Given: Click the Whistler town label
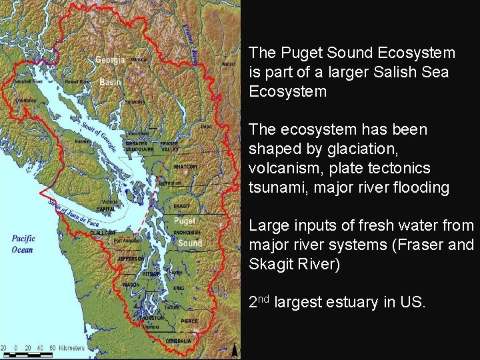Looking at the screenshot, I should click(x=139, y=60).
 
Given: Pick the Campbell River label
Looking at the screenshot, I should click(x=27, y=81).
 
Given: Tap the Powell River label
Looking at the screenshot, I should click(x=77, y=82).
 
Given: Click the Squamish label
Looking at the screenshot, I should click(x=135, y=102).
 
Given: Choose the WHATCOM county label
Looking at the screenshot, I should click(x=185, y=167).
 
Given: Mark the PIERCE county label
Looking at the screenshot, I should click(x=189, y=321).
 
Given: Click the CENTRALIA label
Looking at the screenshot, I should click(x=179, y=341).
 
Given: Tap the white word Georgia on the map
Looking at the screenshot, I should click(x=110, y=60).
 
